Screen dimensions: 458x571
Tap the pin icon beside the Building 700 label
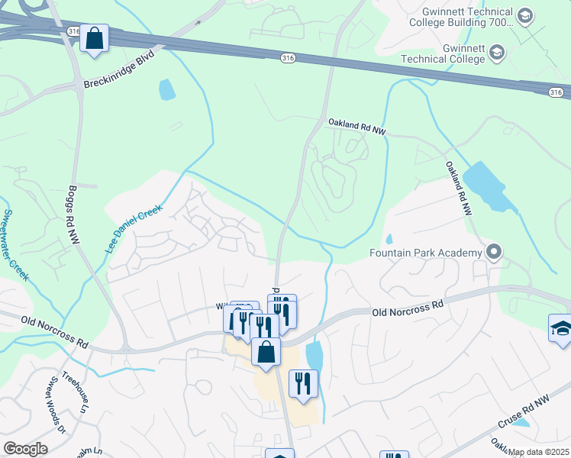(x=524, y=15)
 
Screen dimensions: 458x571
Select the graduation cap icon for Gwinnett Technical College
(x=497, y=52)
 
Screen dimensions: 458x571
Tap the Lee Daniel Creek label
(x=134, y=228)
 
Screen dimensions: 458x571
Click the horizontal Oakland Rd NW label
(x=357, y=127)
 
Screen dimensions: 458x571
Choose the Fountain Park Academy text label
(x=425, y=253)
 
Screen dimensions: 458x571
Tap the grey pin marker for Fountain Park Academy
(x=494, y=252)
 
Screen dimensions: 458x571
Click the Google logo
(x=25, y=449)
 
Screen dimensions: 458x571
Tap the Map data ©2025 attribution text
(x=539, y=452)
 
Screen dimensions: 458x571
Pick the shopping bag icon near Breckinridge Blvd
(x=94, y=38)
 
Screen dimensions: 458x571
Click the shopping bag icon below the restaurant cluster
(x=266, y=353)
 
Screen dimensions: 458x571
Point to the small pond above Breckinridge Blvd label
(x=166, y=89)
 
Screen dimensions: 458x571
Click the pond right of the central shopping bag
(x=314, y=355)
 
